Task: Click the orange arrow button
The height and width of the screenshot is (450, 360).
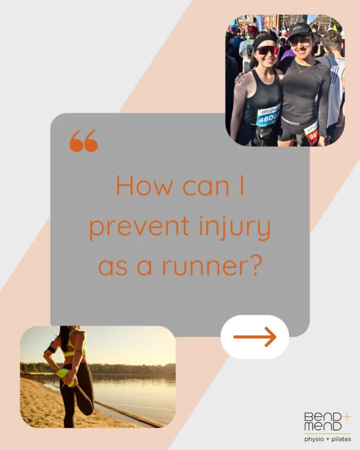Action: point(254,336)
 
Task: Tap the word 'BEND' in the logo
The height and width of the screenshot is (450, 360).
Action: point(322,417)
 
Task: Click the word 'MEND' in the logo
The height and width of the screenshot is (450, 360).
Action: point(322,427)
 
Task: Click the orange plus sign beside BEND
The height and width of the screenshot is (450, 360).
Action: point(346,417)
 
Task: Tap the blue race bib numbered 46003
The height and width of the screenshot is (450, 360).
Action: point(268,115)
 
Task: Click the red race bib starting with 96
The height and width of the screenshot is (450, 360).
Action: point(311,133)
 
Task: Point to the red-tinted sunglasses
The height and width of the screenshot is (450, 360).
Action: point(267,51)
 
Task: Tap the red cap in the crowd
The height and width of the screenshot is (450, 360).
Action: point(252,29)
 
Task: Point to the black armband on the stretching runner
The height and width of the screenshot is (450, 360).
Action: point(51,349)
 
